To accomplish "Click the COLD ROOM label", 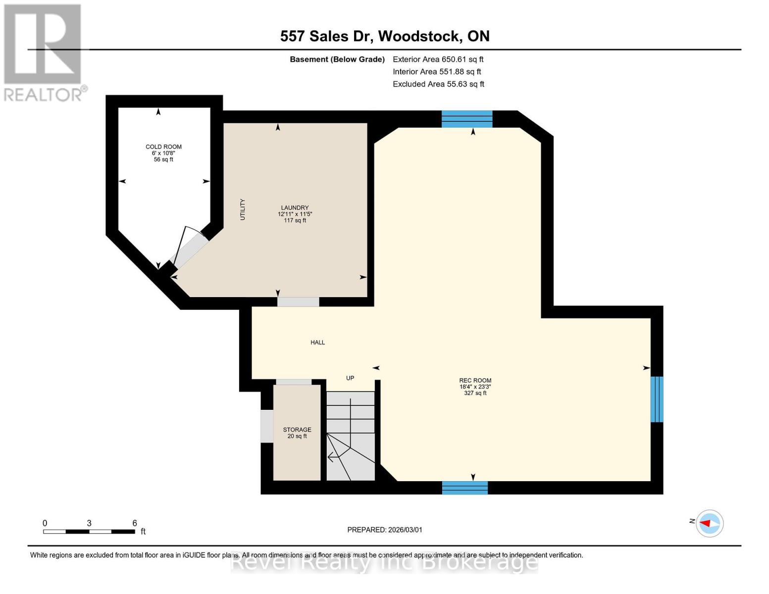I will coord(163,147).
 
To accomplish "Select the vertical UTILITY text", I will coord(243,209).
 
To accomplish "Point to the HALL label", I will coord(317,343).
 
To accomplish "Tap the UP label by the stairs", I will coord(350,378).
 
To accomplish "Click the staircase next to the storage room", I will coord(351,436).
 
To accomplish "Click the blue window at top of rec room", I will coord(467,119).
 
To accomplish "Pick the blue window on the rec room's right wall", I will coord(657,399).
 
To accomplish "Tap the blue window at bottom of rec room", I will coord(464,488).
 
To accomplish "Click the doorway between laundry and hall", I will coord(298,302).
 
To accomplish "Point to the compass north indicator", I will coord(709,523).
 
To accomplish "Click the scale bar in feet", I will coord(89,531).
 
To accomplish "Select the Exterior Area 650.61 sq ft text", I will coord(438,59).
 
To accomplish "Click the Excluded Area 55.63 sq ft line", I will coord(438,84).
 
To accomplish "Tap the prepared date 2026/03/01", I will coord(385,530).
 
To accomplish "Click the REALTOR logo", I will coord(44,52).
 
